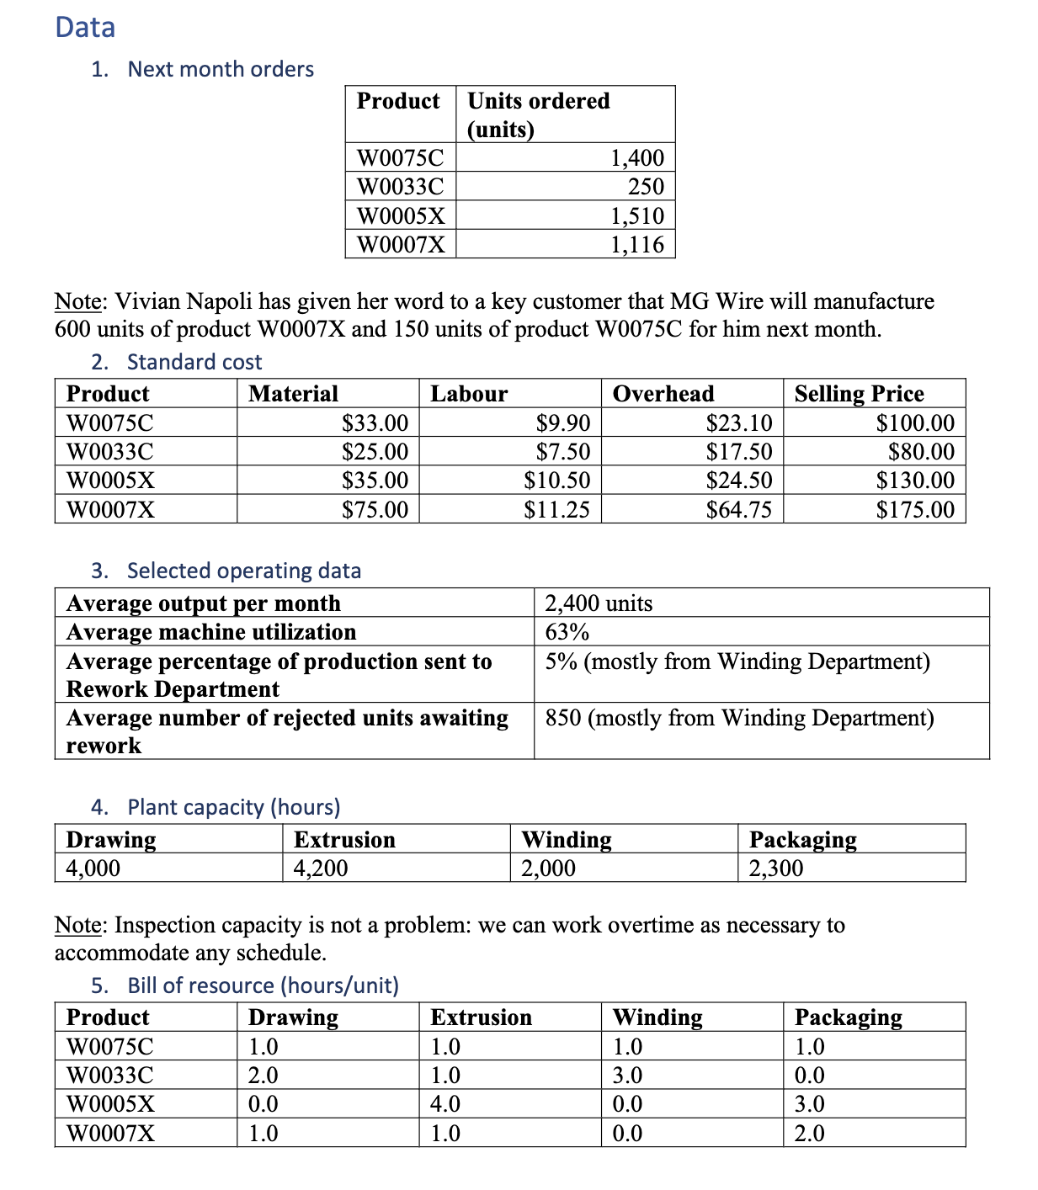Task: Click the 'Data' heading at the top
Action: coord(85,27)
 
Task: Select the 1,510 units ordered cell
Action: coord(636,215)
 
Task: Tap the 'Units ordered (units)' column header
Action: coord(539,114)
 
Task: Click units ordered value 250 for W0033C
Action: coord(646,186)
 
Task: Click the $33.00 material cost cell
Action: coord(375,422)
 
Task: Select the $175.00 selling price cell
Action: coord(915,509)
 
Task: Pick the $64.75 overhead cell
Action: coord(738,509)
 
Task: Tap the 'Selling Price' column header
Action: coord(859,393)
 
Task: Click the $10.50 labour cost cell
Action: coord(556,480)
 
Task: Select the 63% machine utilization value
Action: coord(567,631)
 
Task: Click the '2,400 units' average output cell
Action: coord(599,603)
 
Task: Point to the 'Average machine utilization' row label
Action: coord(211,631)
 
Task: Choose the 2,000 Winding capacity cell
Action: coord(548,868)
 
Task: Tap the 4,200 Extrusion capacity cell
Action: coord(321,868)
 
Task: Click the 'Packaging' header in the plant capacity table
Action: coord(802,839)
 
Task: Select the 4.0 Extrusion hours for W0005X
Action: coord(445,1103)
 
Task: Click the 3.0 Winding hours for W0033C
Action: coord(627,1075)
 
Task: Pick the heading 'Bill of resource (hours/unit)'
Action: coord(263,985)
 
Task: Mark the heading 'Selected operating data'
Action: coord(243,570)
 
